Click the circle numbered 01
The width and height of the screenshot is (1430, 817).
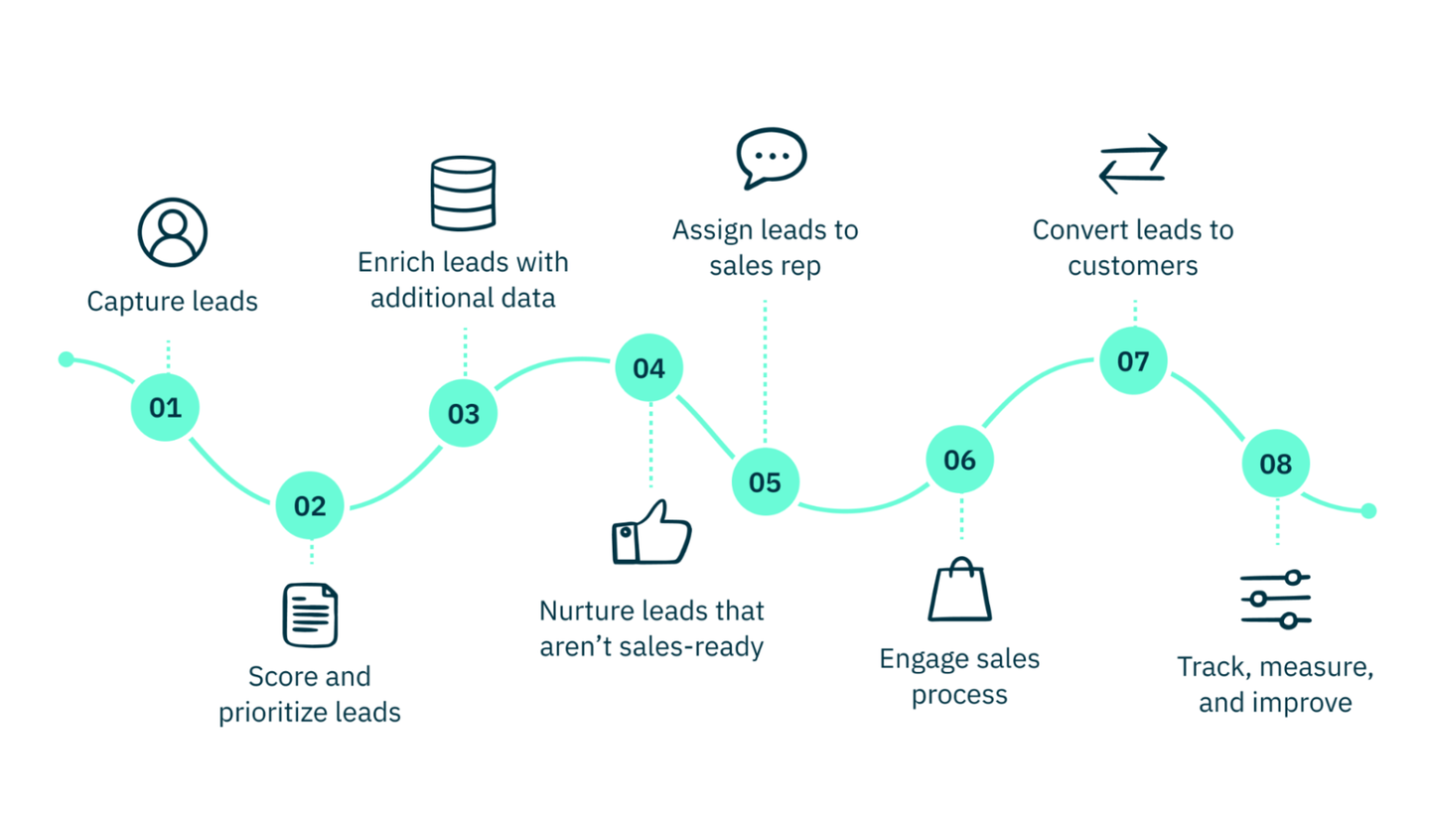pyautogui.click(x=165, y=407)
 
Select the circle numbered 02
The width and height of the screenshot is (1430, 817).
pyautogui.click(x=309, y=506)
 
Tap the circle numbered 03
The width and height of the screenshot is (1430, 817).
pyautogui.click(x=463, y=414)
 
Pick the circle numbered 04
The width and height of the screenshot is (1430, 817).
pyautogui.click(x=648, y=368)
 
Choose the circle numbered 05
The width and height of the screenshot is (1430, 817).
pyautogui.click(x=765, y=482)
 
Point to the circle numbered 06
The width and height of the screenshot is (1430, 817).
pyautogui.click(x=959, y=460)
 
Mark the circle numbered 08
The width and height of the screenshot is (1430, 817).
pyautogui.click(x=1276, y=464)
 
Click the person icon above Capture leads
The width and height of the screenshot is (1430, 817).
pyautogui.click(x=172, y=232)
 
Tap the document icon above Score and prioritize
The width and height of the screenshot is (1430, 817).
pyautogui.click(x=310, y=614)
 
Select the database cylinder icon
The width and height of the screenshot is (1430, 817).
pyautogui.click(x=463, y=193)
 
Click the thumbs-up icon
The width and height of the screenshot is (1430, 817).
pyautogui.click(x=650, y=532)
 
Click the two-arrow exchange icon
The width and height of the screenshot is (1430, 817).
pyautogui.click(x=1133, y=163)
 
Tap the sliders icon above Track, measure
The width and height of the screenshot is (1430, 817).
pyautogui.click(x=1276, y=599)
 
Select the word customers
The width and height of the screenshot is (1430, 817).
pyautogui.click(x=1132, y=266)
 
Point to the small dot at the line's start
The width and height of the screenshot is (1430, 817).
pyautogui.click(x=67, y=358)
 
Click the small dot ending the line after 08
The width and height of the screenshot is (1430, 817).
pyautogui.click(x=1368, y=510)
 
